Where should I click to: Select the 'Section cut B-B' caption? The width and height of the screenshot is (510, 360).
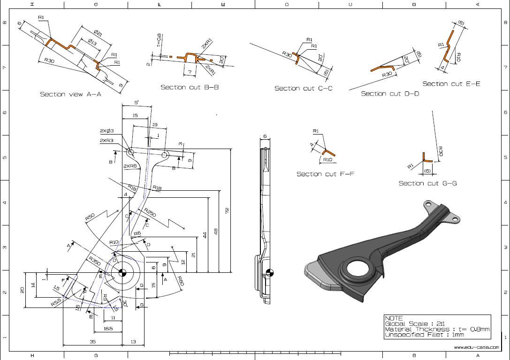(190, 87)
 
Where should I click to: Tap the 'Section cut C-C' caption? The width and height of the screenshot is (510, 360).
(304, 88)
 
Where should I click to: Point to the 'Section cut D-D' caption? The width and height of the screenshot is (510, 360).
(390, 94)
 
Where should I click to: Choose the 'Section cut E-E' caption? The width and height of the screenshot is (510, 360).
(451, 84)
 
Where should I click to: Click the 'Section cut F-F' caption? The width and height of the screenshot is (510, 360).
(325, 174)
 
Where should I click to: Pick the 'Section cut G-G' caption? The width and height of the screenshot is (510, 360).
(427, 183)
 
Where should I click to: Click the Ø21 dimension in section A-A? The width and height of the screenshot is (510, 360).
(98, 33)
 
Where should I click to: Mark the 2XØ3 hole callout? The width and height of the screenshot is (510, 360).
(107, 131)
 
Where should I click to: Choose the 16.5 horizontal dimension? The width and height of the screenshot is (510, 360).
(108, 329)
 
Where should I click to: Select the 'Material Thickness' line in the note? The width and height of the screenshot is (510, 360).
(437, 330)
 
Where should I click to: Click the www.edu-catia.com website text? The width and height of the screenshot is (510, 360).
(476, 347)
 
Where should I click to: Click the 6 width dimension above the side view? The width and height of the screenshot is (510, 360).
(265, 136)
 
